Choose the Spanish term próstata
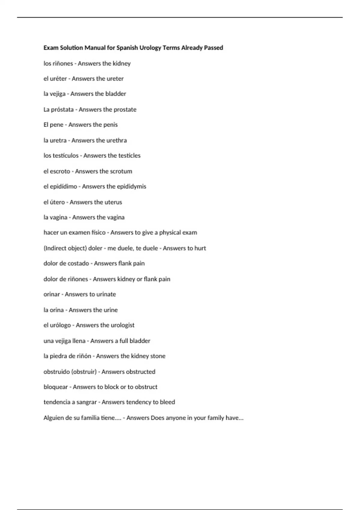tap(62, 109)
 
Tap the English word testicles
tap(129, 155)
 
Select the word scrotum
tap(121, 171)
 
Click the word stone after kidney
tap(158, 356)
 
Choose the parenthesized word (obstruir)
tap(84, 372)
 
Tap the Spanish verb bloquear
tap(55, 387)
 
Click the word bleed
tap(167, 402)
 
